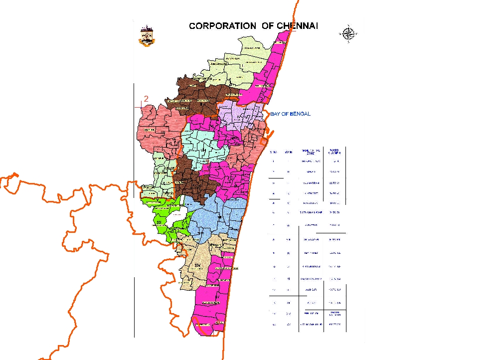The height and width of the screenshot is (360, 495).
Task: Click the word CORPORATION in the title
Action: coord(223,26)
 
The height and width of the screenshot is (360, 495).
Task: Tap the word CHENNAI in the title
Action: coord(297,26)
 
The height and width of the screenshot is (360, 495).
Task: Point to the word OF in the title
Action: coord(267,26)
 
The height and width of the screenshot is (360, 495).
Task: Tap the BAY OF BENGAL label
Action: coord(291,114)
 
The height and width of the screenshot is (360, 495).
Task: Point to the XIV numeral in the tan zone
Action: coord(198,264)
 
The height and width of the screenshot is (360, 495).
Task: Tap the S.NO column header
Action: coord(273,152)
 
